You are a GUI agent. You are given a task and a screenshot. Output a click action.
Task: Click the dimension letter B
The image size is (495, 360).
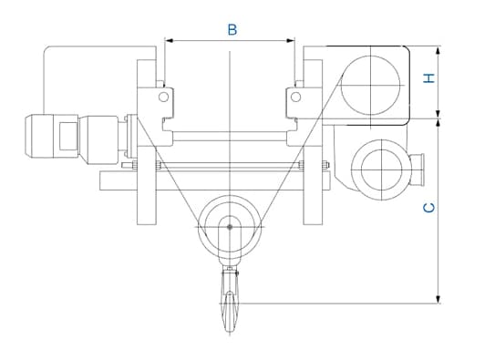pyautogui.click(x=232, y=30)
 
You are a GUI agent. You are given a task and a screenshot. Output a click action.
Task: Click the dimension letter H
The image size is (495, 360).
pyautogui.click(x=429, y=78)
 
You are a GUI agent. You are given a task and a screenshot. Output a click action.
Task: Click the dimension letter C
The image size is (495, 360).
pyautogui.click(x=429, y=208)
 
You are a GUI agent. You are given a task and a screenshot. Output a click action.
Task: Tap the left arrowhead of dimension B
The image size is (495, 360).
pyautogui.click(x=170, y=40)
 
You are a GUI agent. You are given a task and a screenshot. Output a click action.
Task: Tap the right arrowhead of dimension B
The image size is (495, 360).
pyautogui.click(x=290, y=40)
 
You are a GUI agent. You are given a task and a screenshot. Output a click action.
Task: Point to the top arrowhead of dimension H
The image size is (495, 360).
pyautogui.click(x=438, y=50)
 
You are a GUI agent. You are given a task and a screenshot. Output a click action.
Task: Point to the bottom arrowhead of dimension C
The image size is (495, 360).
pyautogui.click(x=438, y=299)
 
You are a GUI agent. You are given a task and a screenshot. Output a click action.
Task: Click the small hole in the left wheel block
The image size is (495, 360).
pyautogui.click(x=163, y=97)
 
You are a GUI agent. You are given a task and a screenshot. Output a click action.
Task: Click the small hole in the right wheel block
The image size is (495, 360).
pyautogui.click(x=295, y=97)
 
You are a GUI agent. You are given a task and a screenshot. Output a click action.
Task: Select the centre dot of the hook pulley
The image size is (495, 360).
pyautogui.click(x=230, y=227)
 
